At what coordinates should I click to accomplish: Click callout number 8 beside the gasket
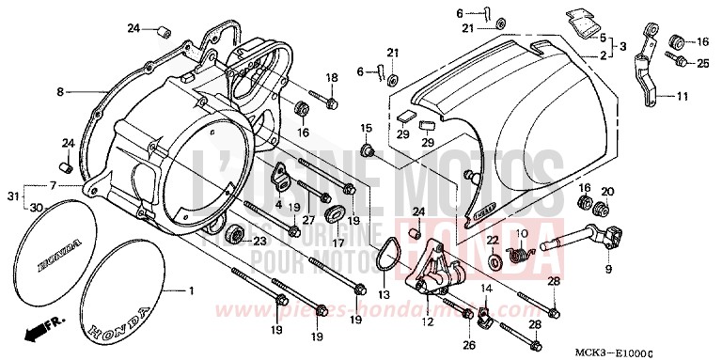pos(59,91)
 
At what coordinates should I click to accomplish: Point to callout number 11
pos(683,96)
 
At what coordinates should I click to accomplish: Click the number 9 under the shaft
pos(607,269)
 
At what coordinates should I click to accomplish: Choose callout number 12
pos(429,322)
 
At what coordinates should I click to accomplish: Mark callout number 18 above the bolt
pos(331,77)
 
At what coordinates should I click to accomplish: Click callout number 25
pos(702,62)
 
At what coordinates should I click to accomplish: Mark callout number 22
pos(492,240)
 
